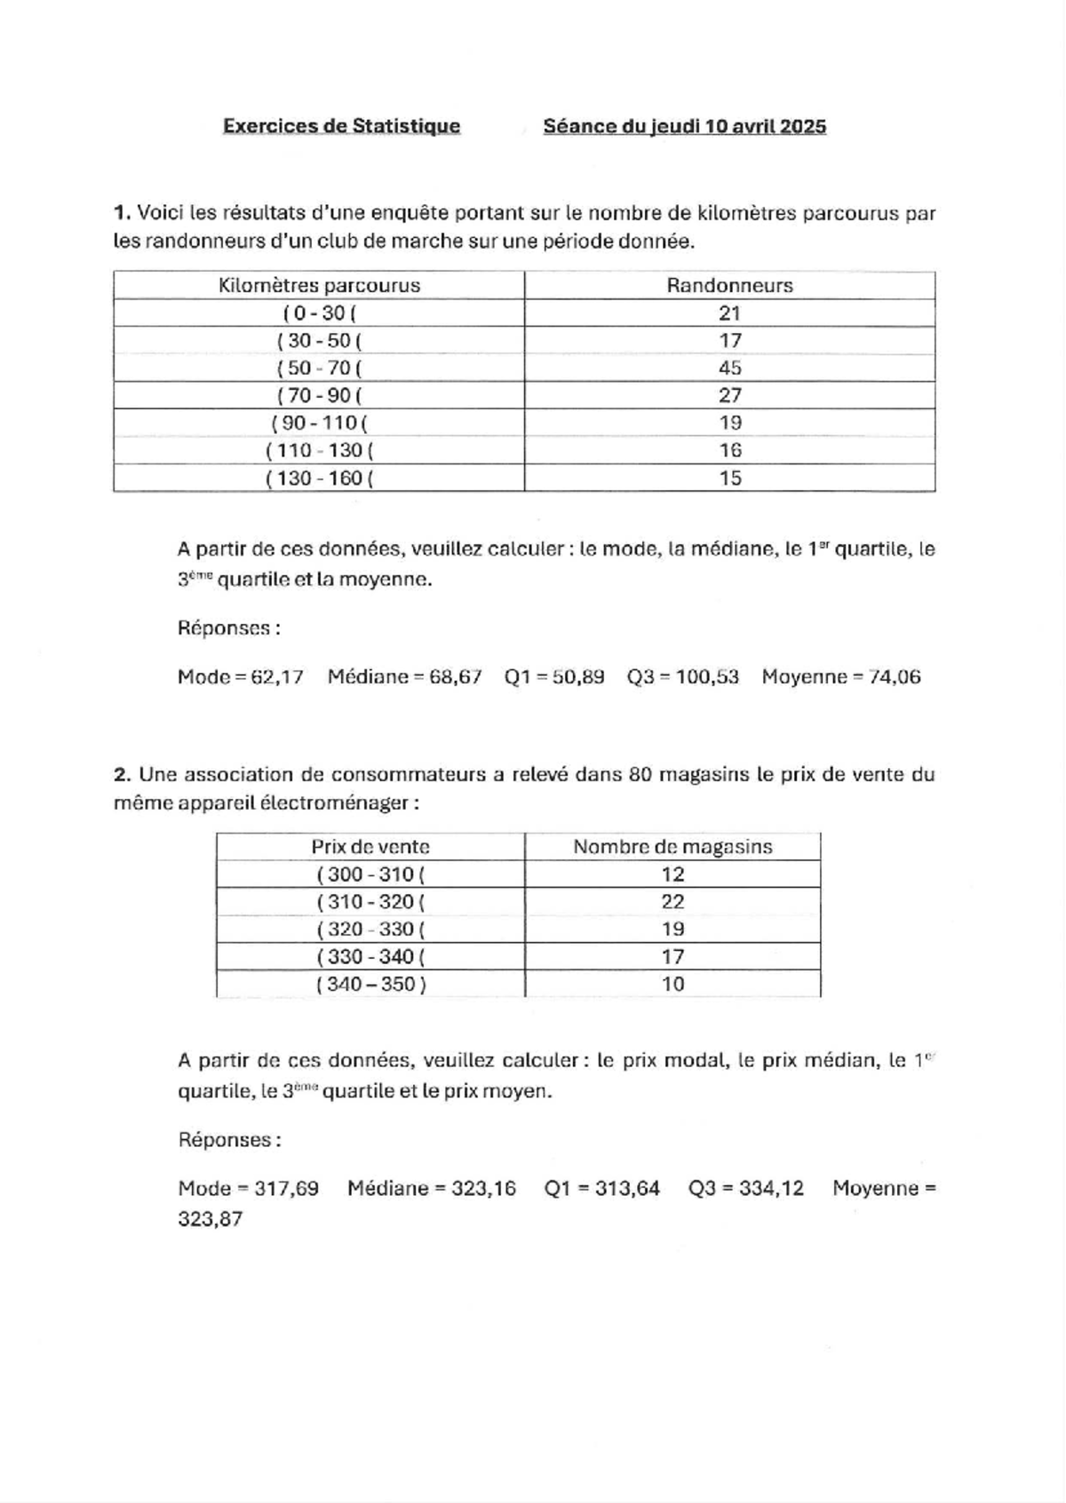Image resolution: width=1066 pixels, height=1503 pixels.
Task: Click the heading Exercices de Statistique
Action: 341,126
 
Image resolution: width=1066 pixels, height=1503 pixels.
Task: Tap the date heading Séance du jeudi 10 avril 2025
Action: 684,126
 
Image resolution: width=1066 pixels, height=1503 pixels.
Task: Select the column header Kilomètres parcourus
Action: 319,286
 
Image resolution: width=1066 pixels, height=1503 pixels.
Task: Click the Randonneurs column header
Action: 729,286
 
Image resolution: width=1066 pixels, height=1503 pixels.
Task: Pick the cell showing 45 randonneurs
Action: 729,368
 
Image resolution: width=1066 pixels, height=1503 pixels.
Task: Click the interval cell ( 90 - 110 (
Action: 319,423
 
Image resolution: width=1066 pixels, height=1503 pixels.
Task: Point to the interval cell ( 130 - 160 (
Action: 319,479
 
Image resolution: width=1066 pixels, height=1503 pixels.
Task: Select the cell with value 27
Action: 729,395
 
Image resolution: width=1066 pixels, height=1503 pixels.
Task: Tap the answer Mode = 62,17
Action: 240,677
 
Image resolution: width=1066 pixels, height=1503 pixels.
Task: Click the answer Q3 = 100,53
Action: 682,677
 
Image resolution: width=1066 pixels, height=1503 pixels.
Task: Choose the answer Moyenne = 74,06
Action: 840,677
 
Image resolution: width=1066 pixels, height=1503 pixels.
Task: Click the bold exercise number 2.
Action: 123,775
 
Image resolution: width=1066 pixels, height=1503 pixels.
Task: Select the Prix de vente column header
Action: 370,847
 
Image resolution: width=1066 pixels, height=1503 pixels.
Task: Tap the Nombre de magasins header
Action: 672,847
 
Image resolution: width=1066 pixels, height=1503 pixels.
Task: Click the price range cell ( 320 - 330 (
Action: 370,929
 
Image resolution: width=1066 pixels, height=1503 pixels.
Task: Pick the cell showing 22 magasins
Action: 672,902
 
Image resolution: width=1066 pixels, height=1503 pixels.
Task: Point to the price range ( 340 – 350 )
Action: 370,985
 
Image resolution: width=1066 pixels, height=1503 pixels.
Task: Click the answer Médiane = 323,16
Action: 431,1189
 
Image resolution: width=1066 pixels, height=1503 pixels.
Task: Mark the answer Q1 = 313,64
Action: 601,1189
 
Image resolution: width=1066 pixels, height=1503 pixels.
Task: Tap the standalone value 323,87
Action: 210,1220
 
